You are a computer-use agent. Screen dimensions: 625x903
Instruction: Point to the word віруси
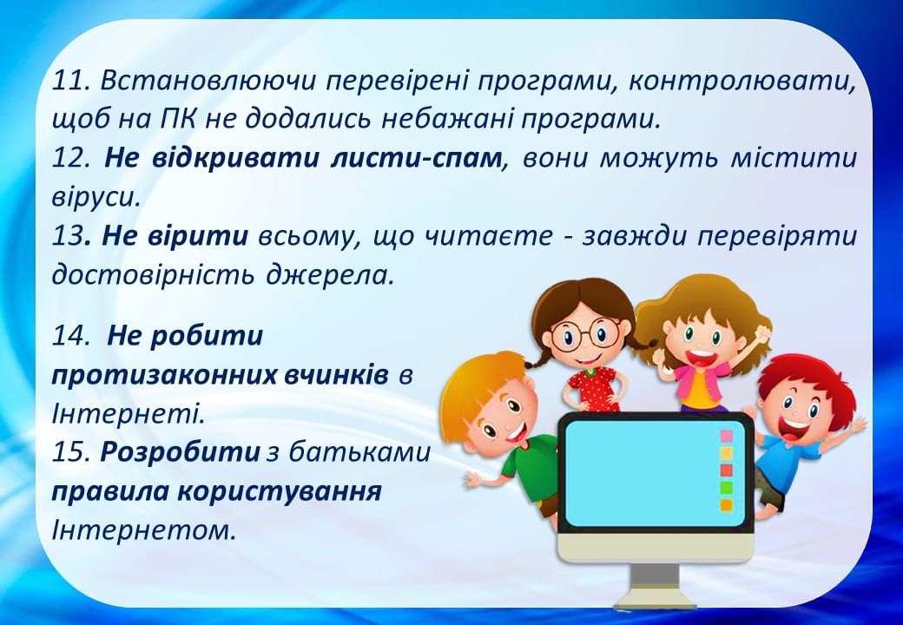96,197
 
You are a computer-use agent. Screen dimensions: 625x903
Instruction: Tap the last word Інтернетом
144,530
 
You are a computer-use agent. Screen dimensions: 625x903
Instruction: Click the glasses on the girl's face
586,332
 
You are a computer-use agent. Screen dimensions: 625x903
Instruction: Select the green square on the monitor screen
727,487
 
